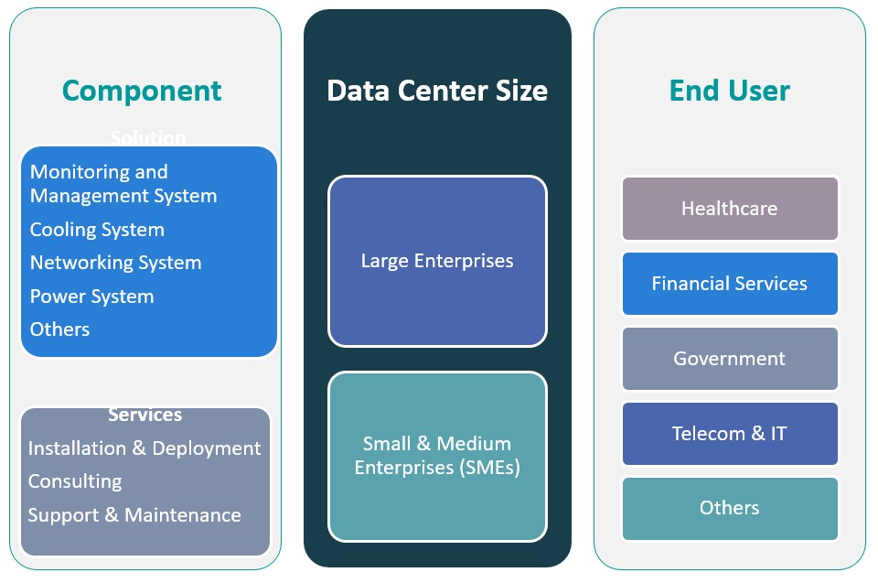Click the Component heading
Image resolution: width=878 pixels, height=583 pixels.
coord(142,91)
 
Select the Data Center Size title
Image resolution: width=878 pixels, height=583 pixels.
coord(437,91)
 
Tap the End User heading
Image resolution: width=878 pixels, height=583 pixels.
coord(729,91)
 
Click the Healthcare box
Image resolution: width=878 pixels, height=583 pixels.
coord(729,209)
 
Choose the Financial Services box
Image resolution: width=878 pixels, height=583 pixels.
coord(729,284)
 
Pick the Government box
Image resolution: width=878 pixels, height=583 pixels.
coord(729,359)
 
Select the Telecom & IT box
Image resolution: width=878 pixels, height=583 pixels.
coord(729,434)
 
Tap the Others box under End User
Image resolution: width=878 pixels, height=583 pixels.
coord(729,509)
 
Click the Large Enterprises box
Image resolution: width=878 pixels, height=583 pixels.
coord(437,261)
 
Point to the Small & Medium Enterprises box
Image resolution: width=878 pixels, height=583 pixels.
coord(437,456)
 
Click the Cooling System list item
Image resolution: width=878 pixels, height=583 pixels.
coord(97,230)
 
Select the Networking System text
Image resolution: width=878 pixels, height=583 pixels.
coord(115,264)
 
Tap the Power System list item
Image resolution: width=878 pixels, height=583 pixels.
coord(91,297)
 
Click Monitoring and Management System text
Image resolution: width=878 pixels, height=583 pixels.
coord(123,184)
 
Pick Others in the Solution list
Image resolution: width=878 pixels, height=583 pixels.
coord(59,329)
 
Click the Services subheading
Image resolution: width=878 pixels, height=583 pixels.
coord(145,416)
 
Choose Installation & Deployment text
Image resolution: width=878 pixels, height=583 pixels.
coord(144,448)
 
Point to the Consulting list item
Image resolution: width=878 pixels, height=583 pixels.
coord(74,481)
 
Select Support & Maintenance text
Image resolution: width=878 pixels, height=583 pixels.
coord(134,515)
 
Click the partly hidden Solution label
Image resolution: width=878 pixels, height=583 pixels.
coord(148,138)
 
